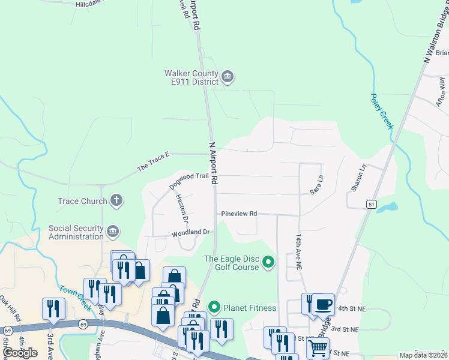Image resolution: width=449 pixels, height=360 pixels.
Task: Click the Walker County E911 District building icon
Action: [228, 77]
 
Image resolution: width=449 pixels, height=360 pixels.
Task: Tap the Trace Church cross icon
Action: [116, 200]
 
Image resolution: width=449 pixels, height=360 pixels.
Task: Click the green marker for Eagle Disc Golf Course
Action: [268, 262]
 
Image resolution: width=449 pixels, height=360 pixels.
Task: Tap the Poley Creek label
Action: [381, 111]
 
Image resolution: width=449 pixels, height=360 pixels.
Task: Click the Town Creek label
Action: [74, 297]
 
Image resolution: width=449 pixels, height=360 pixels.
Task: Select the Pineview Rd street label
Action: [238, 214]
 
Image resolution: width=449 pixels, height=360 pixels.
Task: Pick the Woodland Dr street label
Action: [190, 232]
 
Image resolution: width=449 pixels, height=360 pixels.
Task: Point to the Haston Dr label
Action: [181, 208]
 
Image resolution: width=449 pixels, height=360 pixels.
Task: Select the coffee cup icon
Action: [323, 304]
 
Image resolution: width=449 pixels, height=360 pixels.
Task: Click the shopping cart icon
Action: [318, 347]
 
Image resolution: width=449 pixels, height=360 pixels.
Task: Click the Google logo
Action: [20, 353]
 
